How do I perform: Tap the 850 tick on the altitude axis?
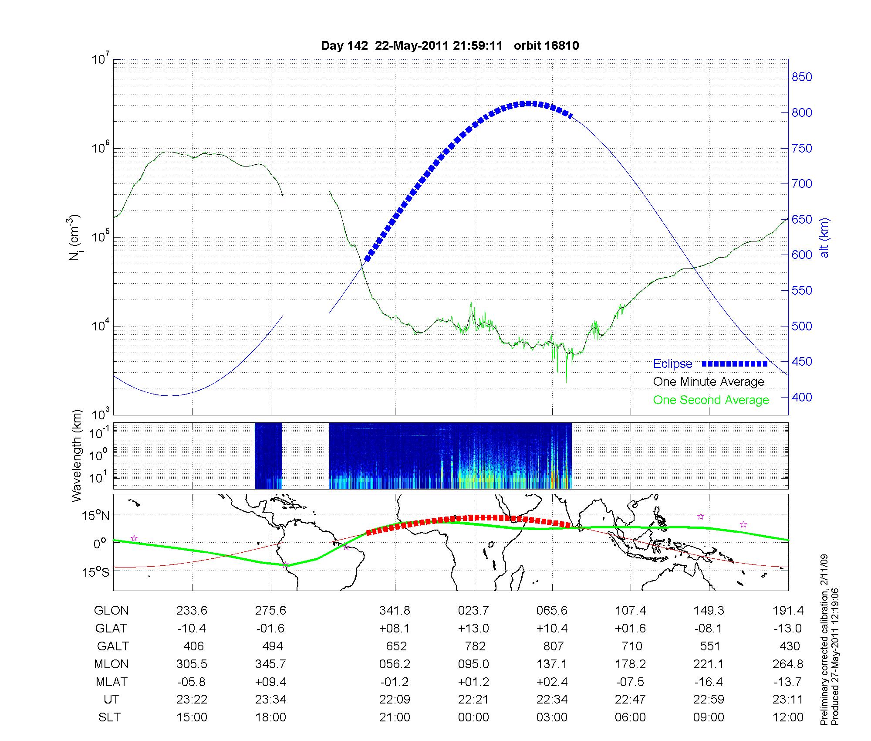point(801,77)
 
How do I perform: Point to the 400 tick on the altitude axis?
point(801,397)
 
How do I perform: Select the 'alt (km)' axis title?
point(824,238)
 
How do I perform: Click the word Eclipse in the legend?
point(672,364)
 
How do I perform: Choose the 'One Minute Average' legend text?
point(709,382)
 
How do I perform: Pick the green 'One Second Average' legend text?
point(711,400)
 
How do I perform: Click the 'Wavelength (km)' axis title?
point(77,455)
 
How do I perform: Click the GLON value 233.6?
point(192,611)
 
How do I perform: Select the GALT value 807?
point(553,646)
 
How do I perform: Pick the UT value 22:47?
point(631,699)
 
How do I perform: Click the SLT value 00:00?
point(473,717)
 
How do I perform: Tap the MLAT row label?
point(111,682)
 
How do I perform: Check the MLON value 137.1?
point(552,664)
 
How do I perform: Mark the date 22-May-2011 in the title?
point(412,46)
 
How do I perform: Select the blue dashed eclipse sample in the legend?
point(735,364)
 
